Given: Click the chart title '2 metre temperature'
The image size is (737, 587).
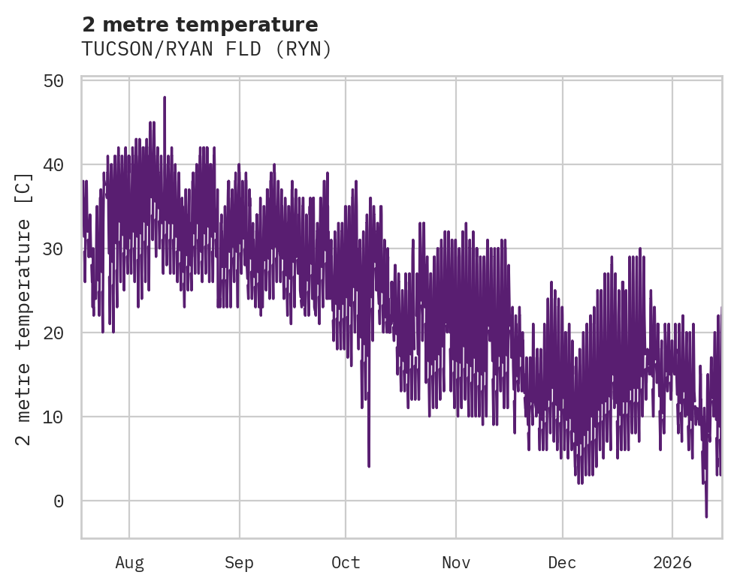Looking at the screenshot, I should [200, 25].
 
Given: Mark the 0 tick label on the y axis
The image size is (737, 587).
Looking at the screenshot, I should [59, 501].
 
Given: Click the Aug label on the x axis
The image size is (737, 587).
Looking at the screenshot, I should [129, 563].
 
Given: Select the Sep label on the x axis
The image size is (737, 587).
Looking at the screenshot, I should [240, 563].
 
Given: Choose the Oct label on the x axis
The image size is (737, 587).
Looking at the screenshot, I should [346, 563].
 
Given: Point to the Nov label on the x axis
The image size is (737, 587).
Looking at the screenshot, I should [456, 563].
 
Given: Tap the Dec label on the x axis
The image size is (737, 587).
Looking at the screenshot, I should [562, 563].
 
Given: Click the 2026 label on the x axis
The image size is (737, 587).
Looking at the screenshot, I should [672, 563].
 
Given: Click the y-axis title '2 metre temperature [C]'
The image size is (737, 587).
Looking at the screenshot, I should [24, 309].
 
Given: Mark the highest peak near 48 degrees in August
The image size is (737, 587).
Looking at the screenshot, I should [164, 98].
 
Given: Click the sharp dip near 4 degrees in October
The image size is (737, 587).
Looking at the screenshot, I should [369, 465].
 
